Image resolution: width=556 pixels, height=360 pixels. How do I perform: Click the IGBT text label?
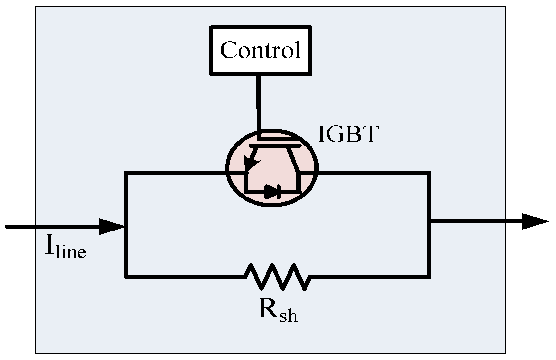pyautogui.click(x=348, y=134)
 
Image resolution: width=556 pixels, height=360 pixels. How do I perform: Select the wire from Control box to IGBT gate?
pyautogui.click(x=259, y=105)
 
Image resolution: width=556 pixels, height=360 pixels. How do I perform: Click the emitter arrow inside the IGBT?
pyautogui.click(x=251, y=163)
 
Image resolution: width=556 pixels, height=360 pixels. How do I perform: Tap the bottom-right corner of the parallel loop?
pyautogui.click(x=429, y=276)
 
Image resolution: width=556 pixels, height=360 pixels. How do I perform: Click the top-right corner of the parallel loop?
pyautogui.click(x=429, y=173)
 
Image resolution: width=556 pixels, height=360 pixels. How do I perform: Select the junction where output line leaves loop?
pyautogui.click(x=430, y=223)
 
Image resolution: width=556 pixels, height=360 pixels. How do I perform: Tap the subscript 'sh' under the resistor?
pyautogui.click(x=289, y=316)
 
